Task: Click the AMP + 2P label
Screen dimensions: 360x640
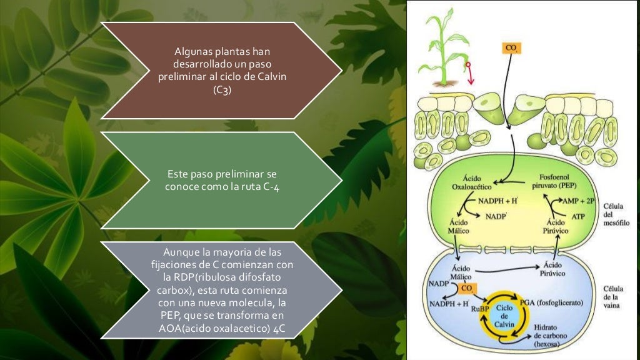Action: (x=579, y=202)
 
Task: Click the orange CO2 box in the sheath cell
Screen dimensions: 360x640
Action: (x=466, y=288)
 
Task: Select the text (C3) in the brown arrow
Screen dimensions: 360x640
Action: (x=222, y=89)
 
